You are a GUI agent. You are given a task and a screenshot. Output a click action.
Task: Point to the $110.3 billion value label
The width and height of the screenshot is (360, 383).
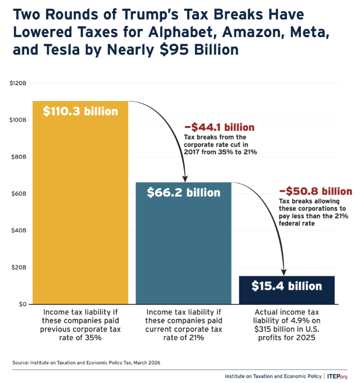[x=80, y=111]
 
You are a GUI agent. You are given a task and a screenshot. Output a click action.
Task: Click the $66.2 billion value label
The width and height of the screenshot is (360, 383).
[x=184, y=193]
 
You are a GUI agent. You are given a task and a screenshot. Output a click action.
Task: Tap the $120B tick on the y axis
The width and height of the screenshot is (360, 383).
[x=18, y=83]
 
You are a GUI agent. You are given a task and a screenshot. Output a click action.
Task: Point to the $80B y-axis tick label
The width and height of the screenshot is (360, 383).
[x=19, y=157]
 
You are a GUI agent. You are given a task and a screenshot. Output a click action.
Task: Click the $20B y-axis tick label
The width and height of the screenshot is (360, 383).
[x=19, y=267]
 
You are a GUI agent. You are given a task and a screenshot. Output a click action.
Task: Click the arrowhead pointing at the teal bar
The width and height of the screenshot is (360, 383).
[x=185, y=178]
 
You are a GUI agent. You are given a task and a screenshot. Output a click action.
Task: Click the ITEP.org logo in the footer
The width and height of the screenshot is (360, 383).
[x=337, y=376]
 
